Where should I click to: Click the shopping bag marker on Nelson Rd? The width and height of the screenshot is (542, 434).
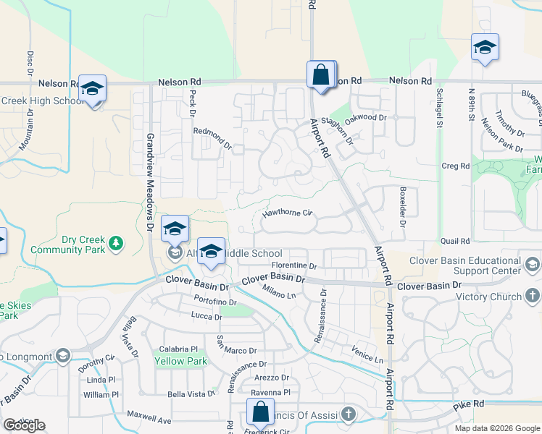point(320,74)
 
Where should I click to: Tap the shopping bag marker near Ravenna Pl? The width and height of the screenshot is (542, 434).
point(259,412)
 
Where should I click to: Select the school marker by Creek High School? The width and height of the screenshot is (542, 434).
point(93,89)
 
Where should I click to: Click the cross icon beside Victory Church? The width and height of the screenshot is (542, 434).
point(532,296)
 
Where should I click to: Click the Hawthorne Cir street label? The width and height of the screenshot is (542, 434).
point(287,213)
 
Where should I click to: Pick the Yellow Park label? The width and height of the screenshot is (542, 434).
point(180,361)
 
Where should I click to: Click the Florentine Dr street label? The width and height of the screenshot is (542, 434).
point(294,266)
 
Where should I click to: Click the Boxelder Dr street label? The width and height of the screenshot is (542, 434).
point(402,208)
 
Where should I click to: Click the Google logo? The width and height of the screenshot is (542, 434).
point(24,425)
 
